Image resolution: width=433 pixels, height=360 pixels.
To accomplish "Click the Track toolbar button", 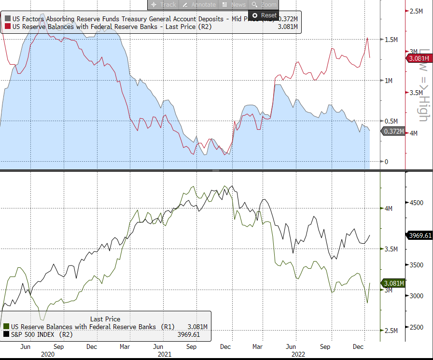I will click(x=164, y=4).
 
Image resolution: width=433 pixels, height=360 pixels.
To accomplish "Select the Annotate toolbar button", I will click(x=199, y=4).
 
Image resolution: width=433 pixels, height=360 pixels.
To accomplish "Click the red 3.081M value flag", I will click(x=418, y=58).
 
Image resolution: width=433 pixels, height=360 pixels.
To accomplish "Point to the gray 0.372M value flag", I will click(x=393, y=131).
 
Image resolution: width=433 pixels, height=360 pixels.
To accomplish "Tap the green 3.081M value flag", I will click(x=393, y=283).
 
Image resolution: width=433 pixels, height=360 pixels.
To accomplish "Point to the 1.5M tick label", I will click(x=391, y=40).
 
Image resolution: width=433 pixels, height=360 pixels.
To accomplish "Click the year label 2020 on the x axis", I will click(x=48, y=354).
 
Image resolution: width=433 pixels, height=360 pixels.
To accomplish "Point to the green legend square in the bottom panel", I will click(x=6, y=327).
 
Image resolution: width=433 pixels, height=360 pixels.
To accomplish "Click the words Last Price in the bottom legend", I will click(x=105, y=319).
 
